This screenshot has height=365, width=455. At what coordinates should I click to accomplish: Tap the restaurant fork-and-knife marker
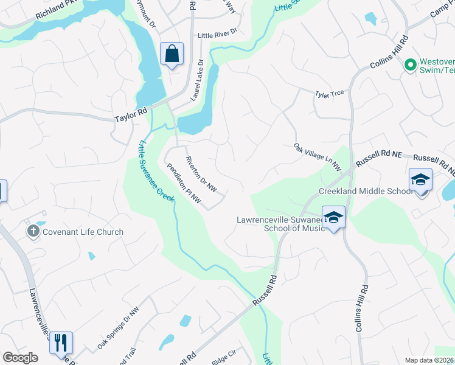(x=61, y=342)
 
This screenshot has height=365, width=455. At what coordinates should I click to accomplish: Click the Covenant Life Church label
(x=83, y=232)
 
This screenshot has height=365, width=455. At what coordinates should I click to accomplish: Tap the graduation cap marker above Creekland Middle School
(x=420, y=179)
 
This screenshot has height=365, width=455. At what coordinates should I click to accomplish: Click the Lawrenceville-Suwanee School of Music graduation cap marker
(x=333, y=217)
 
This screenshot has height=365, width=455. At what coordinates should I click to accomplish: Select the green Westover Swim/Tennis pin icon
(x=411, y=64)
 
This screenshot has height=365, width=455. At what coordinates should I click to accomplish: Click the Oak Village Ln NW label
(x=317, y=156)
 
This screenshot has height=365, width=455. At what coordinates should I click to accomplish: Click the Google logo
(x=20, y=358)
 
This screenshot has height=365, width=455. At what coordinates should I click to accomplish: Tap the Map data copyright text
(x=429, y=360)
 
